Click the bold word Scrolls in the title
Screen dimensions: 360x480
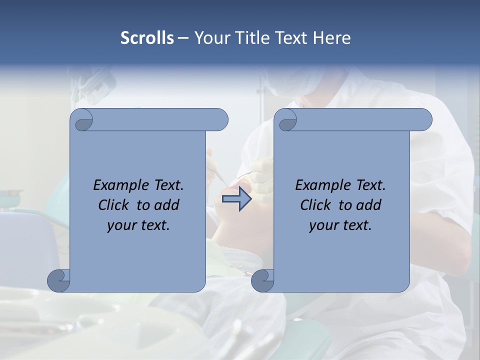tap(147, 37)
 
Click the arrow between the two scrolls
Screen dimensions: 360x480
tap(237, 199)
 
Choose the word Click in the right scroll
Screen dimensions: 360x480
tap(315, 205)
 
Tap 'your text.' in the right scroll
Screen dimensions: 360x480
tap(340, 225)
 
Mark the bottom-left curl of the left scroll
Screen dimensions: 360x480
tap(59, 280)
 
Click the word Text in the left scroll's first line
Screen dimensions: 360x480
tap(167, 185)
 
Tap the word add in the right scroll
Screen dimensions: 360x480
tap(369, 205)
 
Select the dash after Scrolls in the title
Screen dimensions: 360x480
tap(182, 37)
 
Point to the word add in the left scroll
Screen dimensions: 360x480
tap(167, 205)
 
